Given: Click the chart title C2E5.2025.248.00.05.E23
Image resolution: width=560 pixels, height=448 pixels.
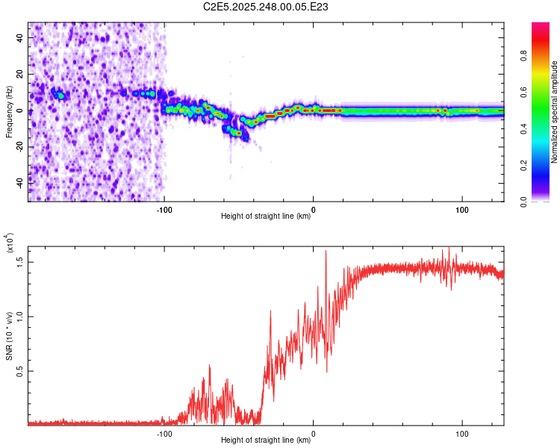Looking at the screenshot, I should [x=266, y=7].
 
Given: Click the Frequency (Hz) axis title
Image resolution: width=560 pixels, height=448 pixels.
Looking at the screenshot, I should [x=9, y=112].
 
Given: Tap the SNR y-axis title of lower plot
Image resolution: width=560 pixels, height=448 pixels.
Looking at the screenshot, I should [x=9, y=333].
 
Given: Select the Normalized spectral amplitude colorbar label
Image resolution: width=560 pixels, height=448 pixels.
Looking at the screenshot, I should [x=554, y=112].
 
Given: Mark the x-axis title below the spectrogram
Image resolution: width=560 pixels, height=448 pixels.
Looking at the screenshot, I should [x=266, y=217].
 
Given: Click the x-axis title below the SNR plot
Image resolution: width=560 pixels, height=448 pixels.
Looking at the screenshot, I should [x=266, y=441].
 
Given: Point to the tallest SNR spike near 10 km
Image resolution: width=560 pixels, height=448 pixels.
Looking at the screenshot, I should [x=326, y=252].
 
